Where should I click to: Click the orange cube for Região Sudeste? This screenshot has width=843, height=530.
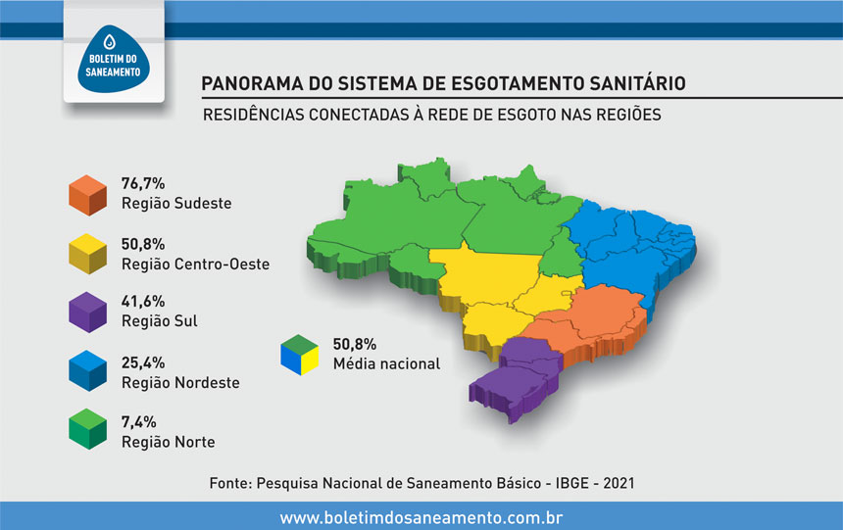(87, 195)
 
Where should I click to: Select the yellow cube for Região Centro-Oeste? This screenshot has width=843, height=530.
(87, 254)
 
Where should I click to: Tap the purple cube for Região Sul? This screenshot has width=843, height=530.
(87, 313)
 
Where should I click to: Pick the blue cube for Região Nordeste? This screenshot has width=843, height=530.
(87, 371)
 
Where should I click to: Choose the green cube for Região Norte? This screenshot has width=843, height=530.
(87, 429)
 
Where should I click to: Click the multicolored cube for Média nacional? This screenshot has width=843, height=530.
(299, 355)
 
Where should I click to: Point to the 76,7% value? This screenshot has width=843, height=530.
(143, 183)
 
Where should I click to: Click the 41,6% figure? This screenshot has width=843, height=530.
(143, 301)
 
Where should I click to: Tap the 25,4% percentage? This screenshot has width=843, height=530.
(143, 362)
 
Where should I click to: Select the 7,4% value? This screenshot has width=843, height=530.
(139, 422)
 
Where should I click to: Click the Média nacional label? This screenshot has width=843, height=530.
(386, 363)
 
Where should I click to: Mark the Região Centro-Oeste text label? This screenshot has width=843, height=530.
(196, 264)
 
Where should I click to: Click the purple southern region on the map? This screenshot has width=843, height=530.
(515, 376)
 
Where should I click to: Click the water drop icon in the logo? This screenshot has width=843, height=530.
(110, 41)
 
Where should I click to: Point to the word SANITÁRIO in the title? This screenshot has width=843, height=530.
(637, 83)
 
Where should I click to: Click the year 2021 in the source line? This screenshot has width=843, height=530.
(619, 483)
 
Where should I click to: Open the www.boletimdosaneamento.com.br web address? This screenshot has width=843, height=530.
(421, 517)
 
